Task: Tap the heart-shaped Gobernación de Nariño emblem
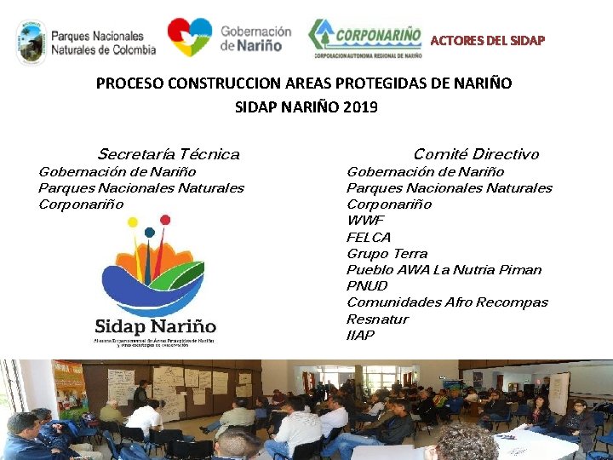189,37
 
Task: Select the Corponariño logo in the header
364,39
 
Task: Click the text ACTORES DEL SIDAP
487,40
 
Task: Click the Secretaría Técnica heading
169,154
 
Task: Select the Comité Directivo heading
476,154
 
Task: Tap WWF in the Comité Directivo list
365,221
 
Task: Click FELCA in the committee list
369,237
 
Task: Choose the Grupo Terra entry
387,253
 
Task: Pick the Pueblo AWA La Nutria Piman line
444,269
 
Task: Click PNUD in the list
367,285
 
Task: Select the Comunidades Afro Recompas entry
447,302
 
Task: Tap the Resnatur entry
377,319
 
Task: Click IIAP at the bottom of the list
360,335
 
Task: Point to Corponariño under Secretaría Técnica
81,204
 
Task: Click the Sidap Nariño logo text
155,326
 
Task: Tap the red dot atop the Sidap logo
165,220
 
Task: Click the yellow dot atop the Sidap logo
132,222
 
